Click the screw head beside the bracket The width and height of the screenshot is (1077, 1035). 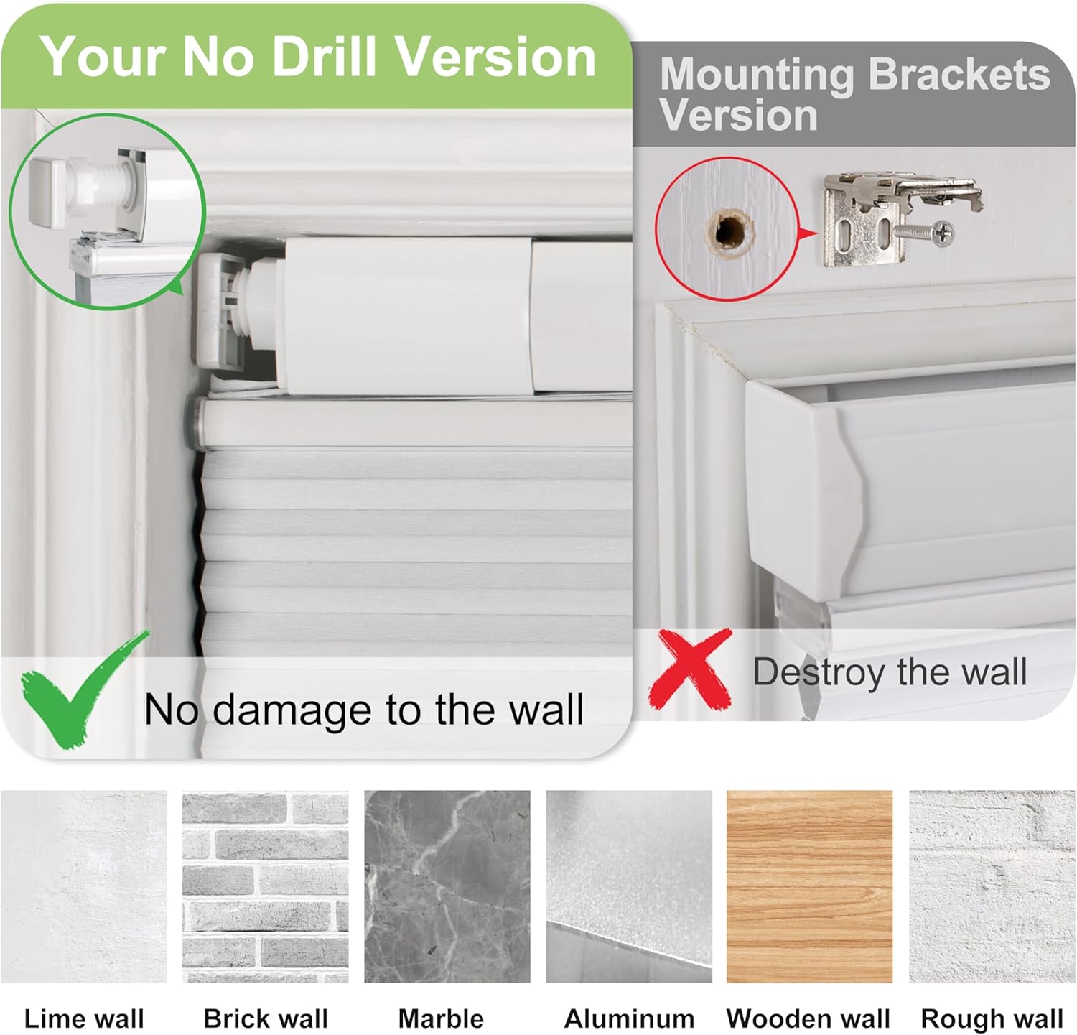coord(942,231)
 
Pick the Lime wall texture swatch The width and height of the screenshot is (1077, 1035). coord(84,886)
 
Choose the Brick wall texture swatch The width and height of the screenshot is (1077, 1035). coord(266,886)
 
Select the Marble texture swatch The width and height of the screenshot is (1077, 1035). coord(447,886)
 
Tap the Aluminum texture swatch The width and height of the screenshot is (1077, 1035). coord(629,886)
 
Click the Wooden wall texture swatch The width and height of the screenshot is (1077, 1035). coord(810,886)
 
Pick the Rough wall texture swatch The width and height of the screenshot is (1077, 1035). coord(992,886)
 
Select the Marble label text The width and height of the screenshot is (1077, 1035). coord(441,1018)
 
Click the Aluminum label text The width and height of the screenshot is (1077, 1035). coord(629,1018)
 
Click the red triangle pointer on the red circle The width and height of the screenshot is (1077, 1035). coord(808,233)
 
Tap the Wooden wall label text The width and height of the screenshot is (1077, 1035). coord(808,1018)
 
